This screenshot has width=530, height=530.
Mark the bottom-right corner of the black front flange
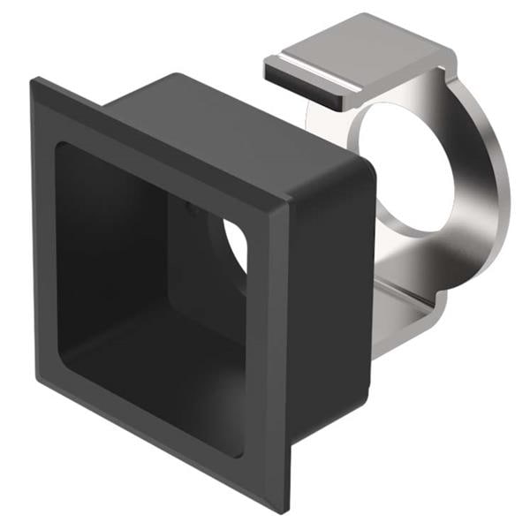[x=288, y=509]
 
